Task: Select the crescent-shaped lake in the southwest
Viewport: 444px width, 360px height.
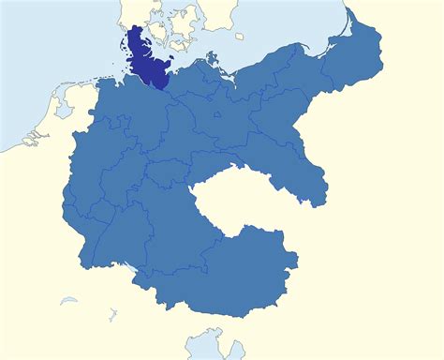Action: pos(68,302)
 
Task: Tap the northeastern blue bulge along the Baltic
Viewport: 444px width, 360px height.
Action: pos(361,56)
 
